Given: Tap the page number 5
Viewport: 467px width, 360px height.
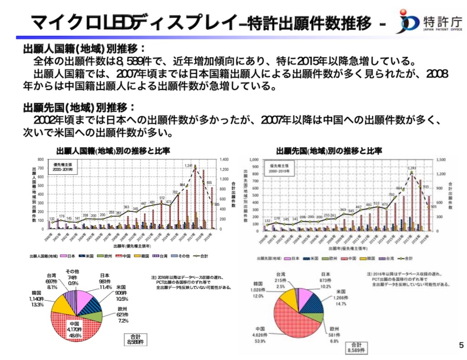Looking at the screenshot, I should pyautogui.click(x=461, y=345).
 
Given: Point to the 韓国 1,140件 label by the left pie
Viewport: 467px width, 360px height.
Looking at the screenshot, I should pyautogui.click(x=37, y=299).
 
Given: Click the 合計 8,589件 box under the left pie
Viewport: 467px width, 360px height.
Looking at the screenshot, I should pyautogui.click(x=135, y=339).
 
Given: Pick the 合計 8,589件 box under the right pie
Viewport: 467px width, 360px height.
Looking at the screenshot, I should pyautogui.click(x=356, y=347).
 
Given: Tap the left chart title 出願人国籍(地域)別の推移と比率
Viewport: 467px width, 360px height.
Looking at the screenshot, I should pyautogui.click(x=113, y=151).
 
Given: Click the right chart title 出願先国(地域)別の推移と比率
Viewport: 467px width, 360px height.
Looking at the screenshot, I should pyautogui.click(x=329, y=151).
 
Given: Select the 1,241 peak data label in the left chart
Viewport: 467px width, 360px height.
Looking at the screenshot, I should pyautogui.click(x=189, y=166).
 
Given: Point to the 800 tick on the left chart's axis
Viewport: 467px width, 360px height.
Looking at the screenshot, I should pyautogui.click(x=41, y=160).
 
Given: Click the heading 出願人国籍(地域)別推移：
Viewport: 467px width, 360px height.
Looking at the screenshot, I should pyautogui.click(x=84, y=49).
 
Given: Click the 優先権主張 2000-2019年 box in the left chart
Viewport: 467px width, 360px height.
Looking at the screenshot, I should pyautogui.click(x=63, y=167).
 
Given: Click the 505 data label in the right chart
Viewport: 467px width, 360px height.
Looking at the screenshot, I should pyautogui.click(x=433, y=207).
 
